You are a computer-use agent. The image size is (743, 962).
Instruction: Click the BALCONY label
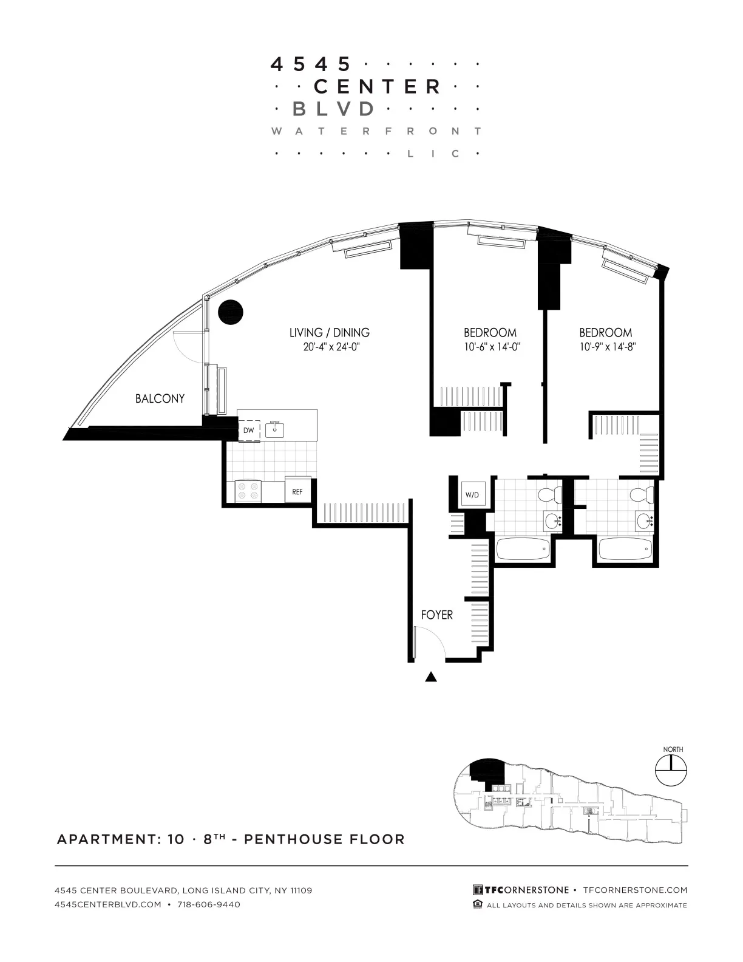tap(160, 399)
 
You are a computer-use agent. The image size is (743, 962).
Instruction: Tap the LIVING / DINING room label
tap(329, 333)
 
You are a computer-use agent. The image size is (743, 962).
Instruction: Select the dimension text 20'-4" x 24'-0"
tap(329, 347)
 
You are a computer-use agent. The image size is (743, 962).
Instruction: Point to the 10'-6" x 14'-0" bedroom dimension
tap(490, 347)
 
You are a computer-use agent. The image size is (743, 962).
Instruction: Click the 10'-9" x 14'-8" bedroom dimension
tap(605, 347)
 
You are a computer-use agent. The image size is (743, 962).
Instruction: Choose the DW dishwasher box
tap(249, 430)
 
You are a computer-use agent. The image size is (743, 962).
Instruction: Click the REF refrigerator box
tap(297, 491)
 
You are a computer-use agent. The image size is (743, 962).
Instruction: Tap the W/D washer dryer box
tap(472, 495)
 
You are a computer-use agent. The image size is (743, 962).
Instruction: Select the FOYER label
tap(437, 615)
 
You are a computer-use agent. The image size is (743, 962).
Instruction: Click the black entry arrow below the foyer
tap(431, 677)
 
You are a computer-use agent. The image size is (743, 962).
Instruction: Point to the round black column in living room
tap(231, 312)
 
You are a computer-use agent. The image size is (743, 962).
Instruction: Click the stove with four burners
tap(248, 491)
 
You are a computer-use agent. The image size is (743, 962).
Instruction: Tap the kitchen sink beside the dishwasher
tap(275, 429)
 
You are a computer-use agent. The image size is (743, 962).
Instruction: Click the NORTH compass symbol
tap(671, 771)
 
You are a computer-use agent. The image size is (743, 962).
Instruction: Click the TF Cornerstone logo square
tap(478, 890)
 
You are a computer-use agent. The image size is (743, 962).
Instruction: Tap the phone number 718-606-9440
tap(206, 904)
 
